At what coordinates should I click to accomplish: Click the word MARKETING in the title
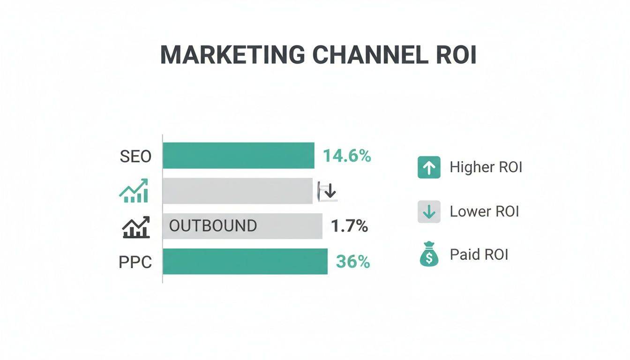tap(232, 55)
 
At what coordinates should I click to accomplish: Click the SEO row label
tap(135, 156)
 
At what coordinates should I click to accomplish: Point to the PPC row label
tap(135, 262)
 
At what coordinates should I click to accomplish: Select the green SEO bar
tap(238, 156)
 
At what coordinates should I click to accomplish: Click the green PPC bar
tap(245, 262)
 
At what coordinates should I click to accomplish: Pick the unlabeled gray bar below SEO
tap(237, 191)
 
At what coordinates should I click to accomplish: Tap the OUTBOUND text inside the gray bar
tap(213, 226)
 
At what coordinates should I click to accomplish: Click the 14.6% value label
tap(347, 156)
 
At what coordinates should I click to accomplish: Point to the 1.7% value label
tap(349, 226)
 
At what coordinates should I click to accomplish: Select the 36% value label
tap(353, 262)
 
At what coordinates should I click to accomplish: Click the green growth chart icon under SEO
tap(134, 191)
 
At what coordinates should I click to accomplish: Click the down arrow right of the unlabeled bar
tap(330, 191)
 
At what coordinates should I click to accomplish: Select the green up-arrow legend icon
tap(429, 167)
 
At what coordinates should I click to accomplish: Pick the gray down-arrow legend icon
tap(429, 212)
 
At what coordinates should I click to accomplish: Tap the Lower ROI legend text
tap(484, 211)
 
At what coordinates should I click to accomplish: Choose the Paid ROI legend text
tap(479, 255)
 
